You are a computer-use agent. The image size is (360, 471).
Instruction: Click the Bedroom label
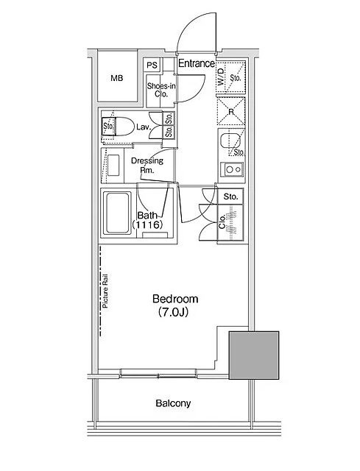pyautogui.click(x=175, y=299)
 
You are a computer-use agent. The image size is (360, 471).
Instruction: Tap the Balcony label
pyautogui.click(x=173, y=403)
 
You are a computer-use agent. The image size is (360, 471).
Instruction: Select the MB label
pyautogui.click(x=116, y=79)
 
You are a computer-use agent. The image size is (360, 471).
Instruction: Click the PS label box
pyautogui.click(x=152, y=65)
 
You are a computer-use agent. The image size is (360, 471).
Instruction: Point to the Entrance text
pyautogui.click(x=197, y=63)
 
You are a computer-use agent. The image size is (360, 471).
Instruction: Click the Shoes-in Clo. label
pyautogui.click(x=161, y=90)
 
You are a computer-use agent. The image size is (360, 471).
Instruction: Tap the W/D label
pyautogui.click(x=221, y=77)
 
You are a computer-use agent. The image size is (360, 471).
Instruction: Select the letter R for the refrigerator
pyautogui.click(x=230, y=112)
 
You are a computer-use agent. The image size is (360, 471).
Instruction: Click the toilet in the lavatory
pyautogui.click(x=118, y=127)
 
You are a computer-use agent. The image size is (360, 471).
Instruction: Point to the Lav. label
pyautogui.click(x=144, y=127)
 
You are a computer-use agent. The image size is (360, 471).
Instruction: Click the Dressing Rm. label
pyautogui.click(x=147, y=165)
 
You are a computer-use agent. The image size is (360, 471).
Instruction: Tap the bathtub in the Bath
pyautogui.click(x=117, y=213)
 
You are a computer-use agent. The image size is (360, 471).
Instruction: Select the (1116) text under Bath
pyautogui.click(x=147, y=224)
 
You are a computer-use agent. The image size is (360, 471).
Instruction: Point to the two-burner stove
pyautogui.click(x=231, y=169)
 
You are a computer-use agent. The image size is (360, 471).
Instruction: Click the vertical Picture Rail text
pyautogui.click(x=105, y=291)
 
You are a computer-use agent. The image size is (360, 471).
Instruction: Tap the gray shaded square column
pyautogui.click(x=254, y=355)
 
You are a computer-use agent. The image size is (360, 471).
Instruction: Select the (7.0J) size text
pyautogui.click(x=173, y=312)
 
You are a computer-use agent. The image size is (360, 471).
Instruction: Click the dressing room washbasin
pyautogui.click(x=113, y=165)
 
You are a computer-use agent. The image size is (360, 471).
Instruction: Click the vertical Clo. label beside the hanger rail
pyautogui.click(x=222, y=222)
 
